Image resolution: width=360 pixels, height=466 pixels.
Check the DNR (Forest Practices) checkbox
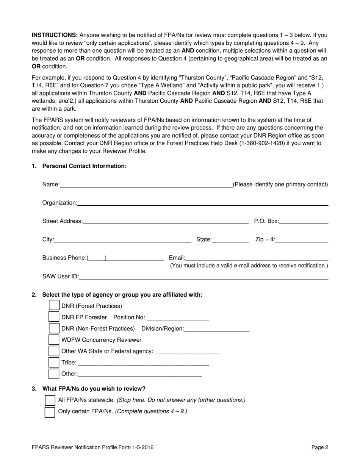pyautogui.click(x=55, y=306)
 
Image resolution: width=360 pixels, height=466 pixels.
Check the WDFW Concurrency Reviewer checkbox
pyautogui.click(x=55, y=340)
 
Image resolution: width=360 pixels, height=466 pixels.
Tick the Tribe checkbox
pyautogui.click(x=55, y=363)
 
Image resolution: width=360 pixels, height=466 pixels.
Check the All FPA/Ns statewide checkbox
pyautogui.click(x=50, y=400)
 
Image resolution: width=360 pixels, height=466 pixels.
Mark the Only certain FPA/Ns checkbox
pyautogui.click(x=50, y=411)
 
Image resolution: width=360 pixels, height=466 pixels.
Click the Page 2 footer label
pyautogui.click(x=320, y=447)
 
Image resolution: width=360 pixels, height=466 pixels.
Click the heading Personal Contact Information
pyautogui.click(x=85, y=166)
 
